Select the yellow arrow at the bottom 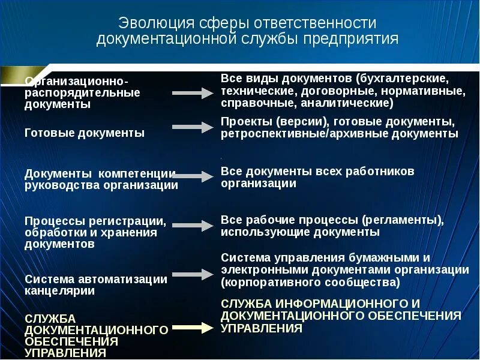pyautogui.click(x=193, y=328)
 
